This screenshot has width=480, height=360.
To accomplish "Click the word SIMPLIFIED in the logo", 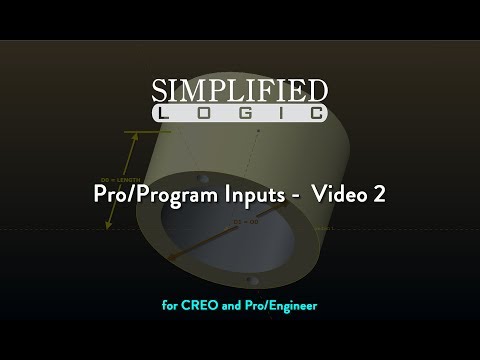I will [240, 90].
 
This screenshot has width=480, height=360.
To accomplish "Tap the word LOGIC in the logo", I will [240, 113].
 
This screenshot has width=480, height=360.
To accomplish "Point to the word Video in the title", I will [340, 195].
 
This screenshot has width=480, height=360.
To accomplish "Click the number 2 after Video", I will [379, 195].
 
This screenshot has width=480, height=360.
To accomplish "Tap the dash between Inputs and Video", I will [295, 196].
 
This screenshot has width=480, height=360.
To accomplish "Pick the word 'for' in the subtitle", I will [169, 305].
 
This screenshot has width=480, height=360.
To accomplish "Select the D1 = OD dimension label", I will [243, 221].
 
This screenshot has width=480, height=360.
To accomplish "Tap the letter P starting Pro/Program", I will [102, 195].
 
